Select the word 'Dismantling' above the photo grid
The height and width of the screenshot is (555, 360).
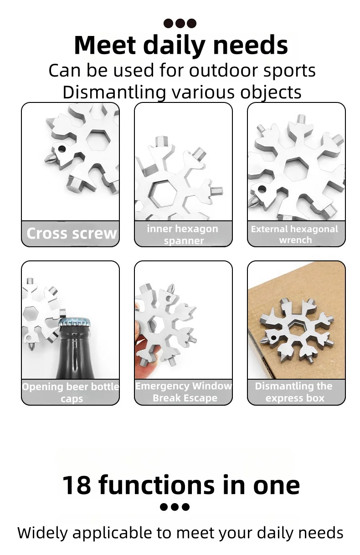(114, 92)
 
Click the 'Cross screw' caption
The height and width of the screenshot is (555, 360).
(72, 234)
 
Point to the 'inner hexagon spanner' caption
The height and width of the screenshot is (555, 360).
(183, 234)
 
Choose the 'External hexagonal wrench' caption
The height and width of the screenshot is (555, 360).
(294, 234)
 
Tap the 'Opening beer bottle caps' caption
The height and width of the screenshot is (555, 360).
(71, 392)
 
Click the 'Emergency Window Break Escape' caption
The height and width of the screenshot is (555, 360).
(184, 392)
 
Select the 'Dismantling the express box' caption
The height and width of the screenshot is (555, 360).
(294, 392)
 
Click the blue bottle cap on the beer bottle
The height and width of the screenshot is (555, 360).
(75, 322)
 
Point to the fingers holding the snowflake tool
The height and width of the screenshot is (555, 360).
(148, 355)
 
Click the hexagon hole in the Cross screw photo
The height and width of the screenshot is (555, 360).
(97, 140)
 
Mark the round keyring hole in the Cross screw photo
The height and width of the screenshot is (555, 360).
(62, 149)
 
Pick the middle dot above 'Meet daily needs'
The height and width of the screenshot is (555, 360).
(180, 23)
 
